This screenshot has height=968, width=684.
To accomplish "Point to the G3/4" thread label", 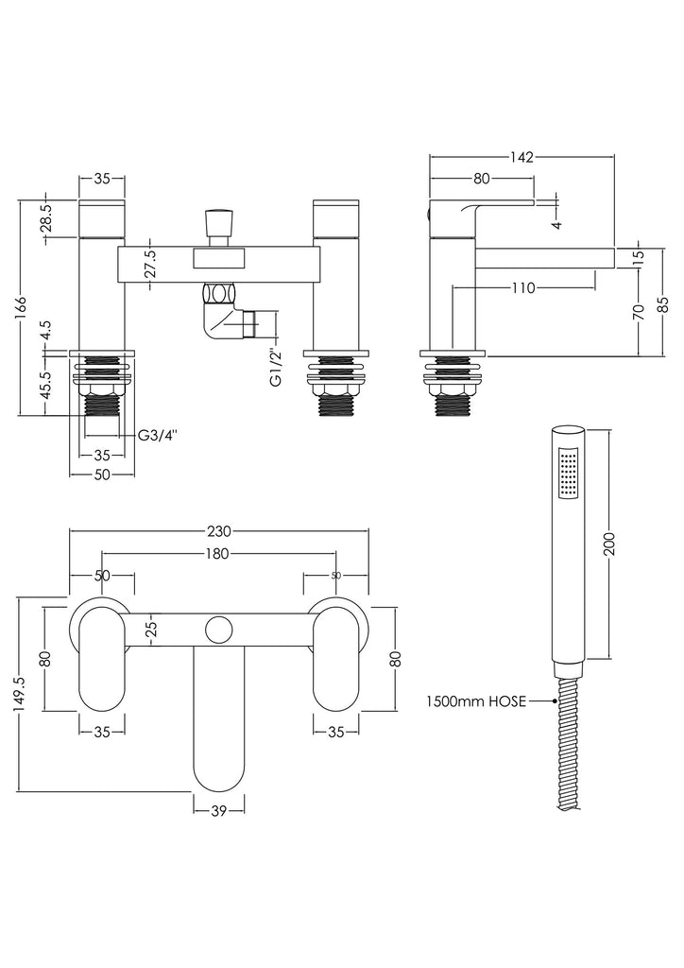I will point(157,436).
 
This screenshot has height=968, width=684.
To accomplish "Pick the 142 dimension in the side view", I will point(522,157).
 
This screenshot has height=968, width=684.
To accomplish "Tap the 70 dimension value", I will point(641,312).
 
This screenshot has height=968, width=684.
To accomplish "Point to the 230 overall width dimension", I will point(219,532).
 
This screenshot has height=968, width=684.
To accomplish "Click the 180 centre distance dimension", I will point(218,554).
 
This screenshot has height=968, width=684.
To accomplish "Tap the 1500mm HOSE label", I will point(475,700).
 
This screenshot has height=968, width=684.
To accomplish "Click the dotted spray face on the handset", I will point(567,473).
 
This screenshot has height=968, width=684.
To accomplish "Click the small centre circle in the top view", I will point(219,628).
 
